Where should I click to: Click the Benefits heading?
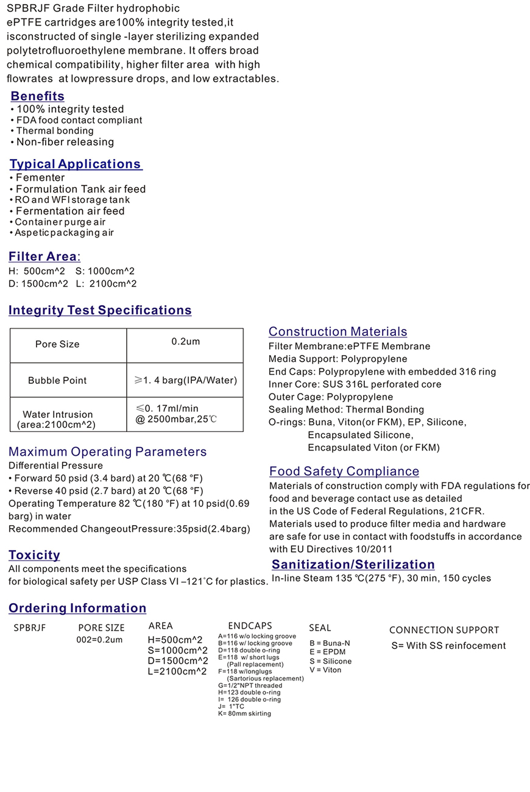pyautogui.click(x=37, y=96)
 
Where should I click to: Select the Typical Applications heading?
pyautogui.click(x=76, y=164)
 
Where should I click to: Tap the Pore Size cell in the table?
pyautogui.click(x=57, y=344)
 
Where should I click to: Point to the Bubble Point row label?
pyautogui.click(x=57, y=381)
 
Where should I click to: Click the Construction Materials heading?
pyautogui.click(x=337, y=332)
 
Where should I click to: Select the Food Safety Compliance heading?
pyautogui.click(x=344, y=472)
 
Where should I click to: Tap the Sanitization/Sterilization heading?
pyautogui.click(x=353, y=565)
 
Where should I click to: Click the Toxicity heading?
pyautogui.click(x=34, y=555)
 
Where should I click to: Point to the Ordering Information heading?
pyautogui.click(x=77, y=609)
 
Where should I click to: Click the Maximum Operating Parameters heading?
pyautogui.click(x=107, y=452)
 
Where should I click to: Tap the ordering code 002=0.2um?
pyautogui.click(x=99, y=640)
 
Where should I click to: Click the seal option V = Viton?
pyautogui.click(x=325, y=670)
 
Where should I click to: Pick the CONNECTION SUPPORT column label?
pyautogui.click(x=444, y=631)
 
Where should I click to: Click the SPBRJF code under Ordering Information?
pyautogui.click(x=30, y=628)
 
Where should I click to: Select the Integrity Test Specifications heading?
pyautogui.click(x=100, y=311)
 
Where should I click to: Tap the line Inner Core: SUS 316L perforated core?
pyautogui.click(x=355, y=384)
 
